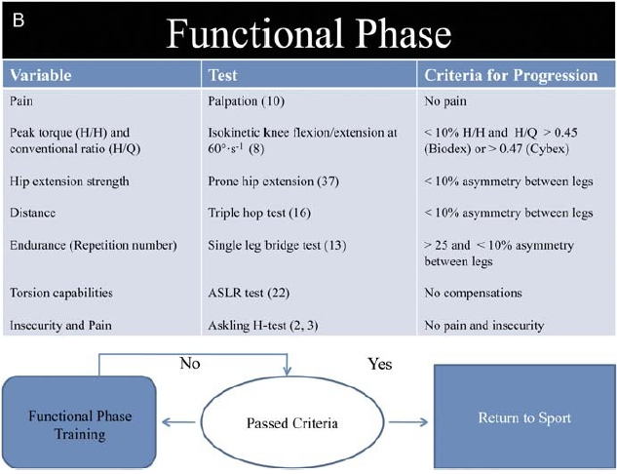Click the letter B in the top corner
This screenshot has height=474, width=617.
pyautogui.click(x=19, y=20)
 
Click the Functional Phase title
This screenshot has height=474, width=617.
pyautogui.click(x=308, y=34)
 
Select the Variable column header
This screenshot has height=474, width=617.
pyautogui.click(x=41, y=75)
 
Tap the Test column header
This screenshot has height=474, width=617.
pyautogui.click(x=222, y=75)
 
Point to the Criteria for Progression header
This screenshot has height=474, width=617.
pyautogui.click(x=511, y=75)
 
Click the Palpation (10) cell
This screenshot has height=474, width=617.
pyautogui.click(x=246, y=101)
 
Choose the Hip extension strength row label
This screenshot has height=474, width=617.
pyautogui.click(x=69, y=181)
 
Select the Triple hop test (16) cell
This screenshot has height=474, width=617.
pyautogui.click(x=259, y=213)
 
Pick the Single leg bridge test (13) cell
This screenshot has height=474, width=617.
pyautogui.click(x=277, y=245)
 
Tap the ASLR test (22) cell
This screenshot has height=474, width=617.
pyautogui.click(x=249, y=293)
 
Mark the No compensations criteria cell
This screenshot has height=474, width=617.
pyautogui.click(x=473, y=293)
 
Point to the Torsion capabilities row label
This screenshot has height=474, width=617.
pyautogui.click(x=61, y=293)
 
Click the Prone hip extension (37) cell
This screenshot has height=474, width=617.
pyautogui.click(x=273, y=181)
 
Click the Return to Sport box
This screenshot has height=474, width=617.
pyautogui.click(x=524, y=416)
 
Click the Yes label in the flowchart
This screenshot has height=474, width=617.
pyautogui.click(x=380, y=364)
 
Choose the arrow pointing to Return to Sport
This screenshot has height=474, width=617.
pyautogui.click(x=408, y=422)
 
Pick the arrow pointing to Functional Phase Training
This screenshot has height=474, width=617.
pyautogui.click(x=178, y=422)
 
